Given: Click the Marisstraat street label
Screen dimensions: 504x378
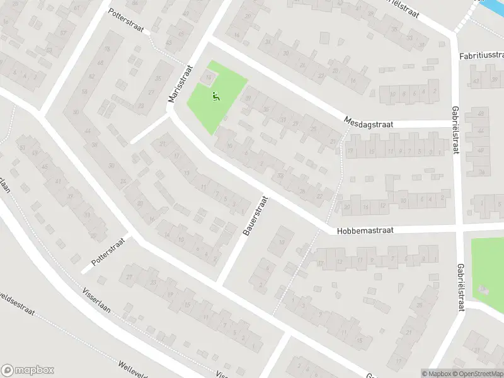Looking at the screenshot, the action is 180,85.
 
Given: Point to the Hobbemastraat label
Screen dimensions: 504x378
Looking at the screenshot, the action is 365,231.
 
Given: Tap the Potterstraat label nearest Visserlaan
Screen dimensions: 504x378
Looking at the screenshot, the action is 108,251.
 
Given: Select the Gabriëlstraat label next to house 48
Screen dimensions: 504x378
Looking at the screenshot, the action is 454,129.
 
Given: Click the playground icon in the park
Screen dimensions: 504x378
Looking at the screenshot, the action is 215,97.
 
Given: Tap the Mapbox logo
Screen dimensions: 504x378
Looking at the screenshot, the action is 27,370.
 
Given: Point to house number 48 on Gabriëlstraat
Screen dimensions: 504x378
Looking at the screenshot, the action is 481,114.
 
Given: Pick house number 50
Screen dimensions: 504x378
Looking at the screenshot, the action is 76,112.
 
